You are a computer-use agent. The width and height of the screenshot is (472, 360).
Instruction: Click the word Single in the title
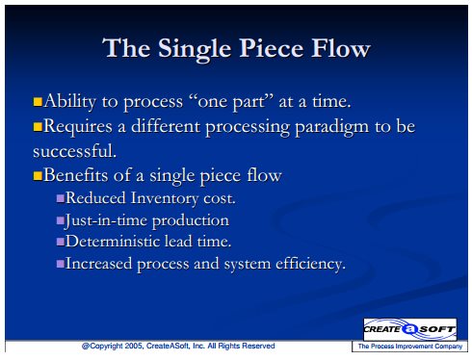(x=195, y=50)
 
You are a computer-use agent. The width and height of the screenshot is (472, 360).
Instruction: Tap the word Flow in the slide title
(x=341, y=48)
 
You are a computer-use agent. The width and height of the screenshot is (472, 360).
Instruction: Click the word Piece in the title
(x=272, y=48)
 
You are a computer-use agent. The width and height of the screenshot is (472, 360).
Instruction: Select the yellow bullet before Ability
(x=38, y=102)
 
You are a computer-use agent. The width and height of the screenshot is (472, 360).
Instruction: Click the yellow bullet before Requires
(x=38, y=127)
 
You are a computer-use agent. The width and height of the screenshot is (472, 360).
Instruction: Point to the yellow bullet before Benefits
(x=38, y=176)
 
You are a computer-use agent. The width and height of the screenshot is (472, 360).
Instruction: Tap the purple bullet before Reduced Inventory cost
(x=61, y=198)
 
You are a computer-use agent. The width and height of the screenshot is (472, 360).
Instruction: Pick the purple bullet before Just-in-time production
(x=61, y=220)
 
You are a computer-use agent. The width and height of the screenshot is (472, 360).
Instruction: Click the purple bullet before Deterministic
(x=61, y=242)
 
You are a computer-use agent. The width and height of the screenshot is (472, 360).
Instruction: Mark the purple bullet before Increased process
(x=61, y=264)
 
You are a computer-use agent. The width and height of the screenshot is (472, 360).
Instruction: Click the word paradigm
(x=331, y=128)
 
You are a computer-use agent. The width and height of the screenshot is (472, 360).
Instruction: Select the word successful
(x=74, y=151)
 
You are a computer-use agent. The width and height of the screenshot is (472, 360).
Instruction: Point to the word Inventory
(x=165, y=199)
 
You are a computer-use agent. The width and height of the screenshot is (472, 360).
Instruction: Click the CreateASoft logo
(x=410, y=329)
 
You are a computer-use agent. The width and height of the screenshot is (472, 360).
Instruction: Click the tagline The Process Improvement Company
(x=410, y=347)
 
